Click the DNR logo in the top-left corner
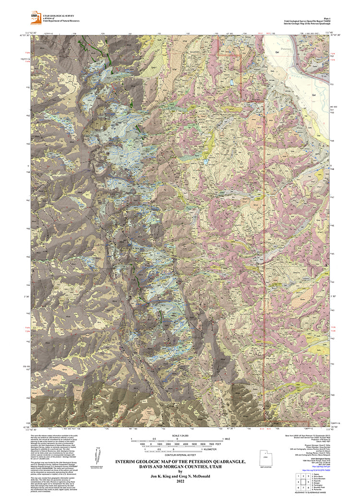pos(35,16)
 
